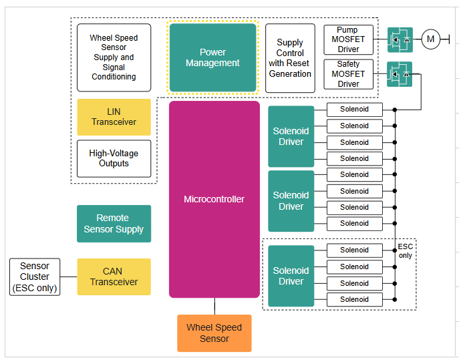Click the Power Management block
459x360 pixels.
(x=212, y=57)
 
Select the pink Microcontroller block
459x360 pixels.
(x=214, y=199)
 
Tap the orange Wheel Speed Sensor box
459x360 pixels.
(x=214, y=333)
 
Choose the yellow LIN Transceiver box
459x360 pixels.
(x=114, y=117)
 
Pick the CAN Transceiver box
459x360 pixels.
(x=114, y=277)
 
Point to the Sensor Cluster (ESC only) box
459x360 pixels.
(x=35, y=277)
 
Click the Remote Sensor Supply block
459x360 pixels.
(x=114, y=224)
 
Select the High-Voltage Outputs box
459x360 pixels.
(x=114, y=158)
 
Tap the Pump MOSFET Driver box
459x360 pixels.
(x=348, y=39)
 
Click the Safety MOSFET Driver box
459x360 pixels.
(x=348, y=74)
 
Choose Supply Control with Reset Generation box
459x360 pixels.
(x=290, y=58)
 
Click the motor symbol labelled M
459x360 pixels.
(x=430, y=39)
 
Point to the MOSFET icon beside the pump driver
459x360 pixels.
(x=400, y=40)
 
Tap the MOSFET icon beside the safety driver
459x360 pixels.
(x=400, y=74)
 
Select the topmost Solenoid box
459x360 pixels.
(x=354, y=110)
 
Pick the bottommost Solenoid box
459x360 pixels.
(x=354, y=299)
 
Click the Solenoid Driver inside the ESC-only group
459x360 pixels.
(x=291, y=276)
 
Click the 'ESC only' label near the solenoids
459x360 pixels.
(x=406, y=251)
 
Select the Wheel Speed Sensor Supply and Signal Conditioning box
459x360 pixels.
(x=114, y=57)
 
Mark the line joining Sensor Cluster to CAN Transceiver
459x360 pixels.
(x=68, y=277)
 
